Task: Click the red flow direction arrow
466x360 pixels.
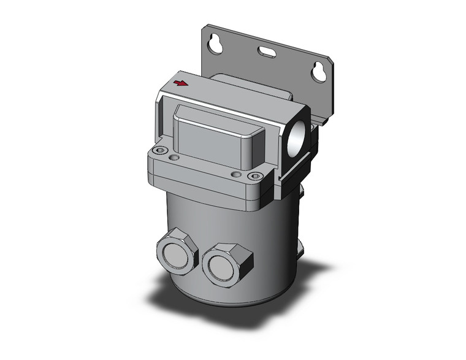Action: [180, 83]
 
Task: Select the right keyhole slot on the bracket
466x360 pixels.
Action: [319, 72]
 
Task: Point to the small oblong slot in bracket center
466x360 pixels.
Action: [266, 53]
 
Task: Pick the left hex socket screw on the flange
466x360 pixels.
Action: [161, 151]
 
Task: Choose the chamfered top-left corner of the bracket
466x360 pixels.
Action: [208, 28]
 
